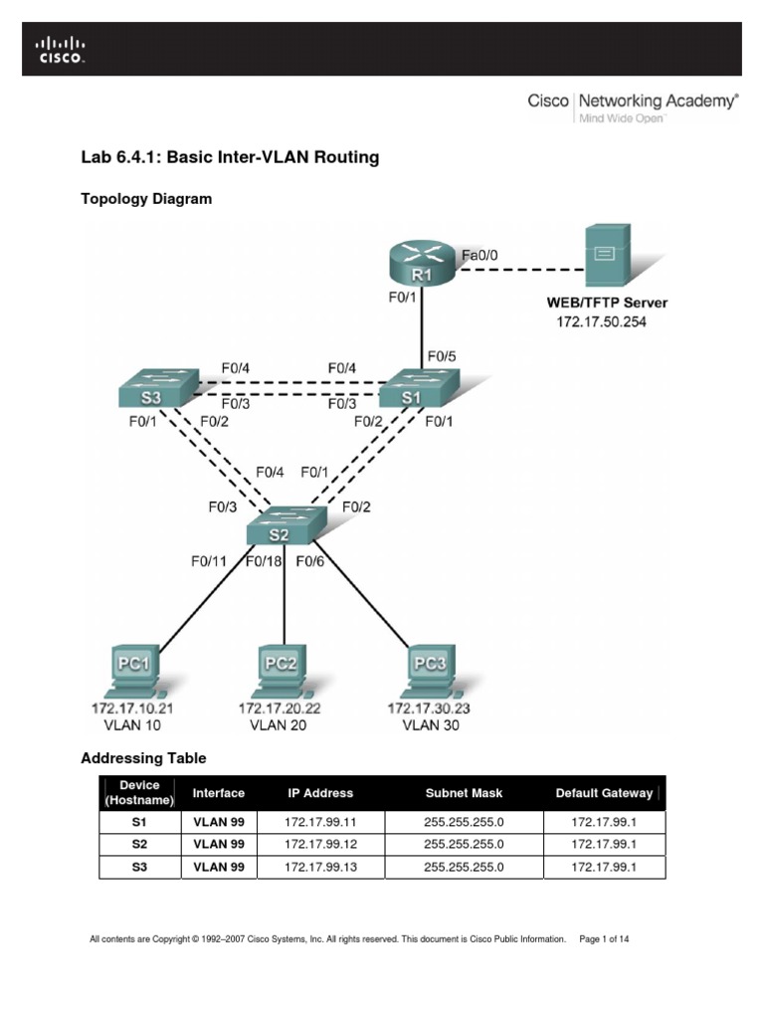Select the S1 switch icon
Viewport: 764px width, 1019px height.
point(418,387)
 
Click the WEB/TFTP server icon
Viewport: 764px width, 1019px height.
point(605,255)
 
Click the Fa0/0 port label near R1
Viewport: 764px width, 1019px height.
point(479,255)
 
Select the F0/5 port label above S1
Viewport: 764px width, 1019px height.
point(442,355)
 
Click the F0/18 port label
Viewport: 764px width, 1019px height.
point(263,561)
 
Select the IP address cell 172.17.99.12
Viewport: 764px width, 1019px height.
point(319,844)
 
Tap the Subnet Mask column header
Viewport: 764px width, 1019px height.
point(464,793)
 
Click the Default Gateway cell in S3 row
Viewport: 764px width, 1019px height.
point(604,867)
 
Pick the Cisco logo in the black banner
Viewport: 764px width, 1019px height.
point(61,49)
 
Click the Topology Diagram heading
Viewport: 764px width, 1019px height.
point(145,199)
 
